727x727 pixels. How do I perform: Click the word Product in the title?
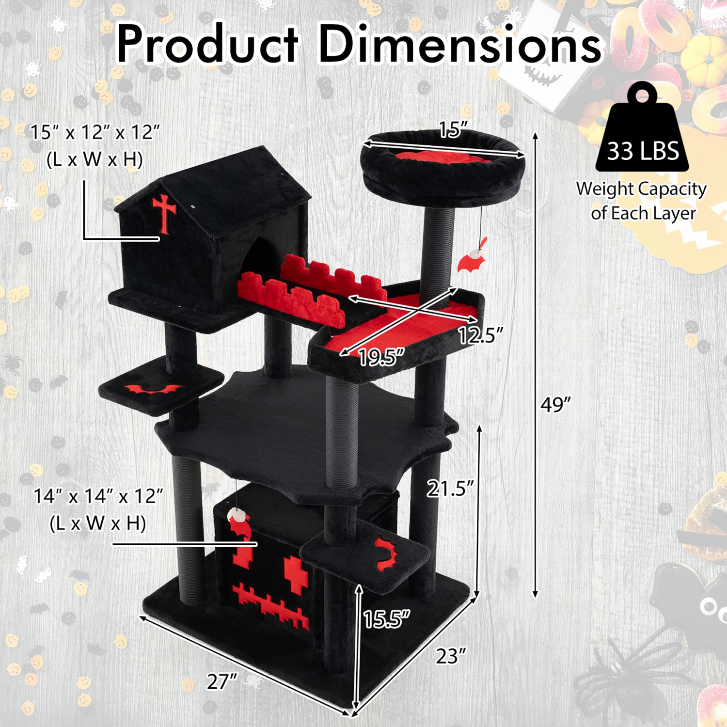click(x=207, y=45)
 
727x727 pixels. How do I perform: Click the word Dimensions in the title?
click(x=459, y=45)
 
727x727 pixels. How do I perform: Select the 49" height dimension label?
click(x=555, y=404)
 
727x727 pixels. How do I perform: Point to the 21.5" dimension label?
click(x=450, y=489)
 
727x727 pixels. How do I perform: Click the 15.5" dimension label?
click(x=386, y=619)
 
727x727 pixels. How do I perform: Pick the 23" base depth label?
click(x=451, y=656)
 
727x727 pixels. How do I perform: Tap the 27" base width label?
click(x=222, y=681)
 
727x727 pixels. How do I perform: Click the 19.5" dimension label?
click(x=381, y=358)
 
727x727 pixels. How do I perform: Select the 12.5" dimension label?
click(x=481, y=335)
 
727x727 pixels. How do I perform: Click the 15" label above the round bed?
click(x=453, y=129)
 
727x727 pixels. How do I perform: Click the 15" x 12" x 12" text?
click(x=95, y=132)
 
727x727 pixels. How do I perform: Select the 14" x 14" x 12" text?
click(x=98, y=496)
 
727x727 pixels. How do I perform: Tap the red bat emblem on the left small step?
click(x=152, y=389)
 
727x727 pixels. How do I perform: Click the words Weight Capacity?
click(x=641, y=189)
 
